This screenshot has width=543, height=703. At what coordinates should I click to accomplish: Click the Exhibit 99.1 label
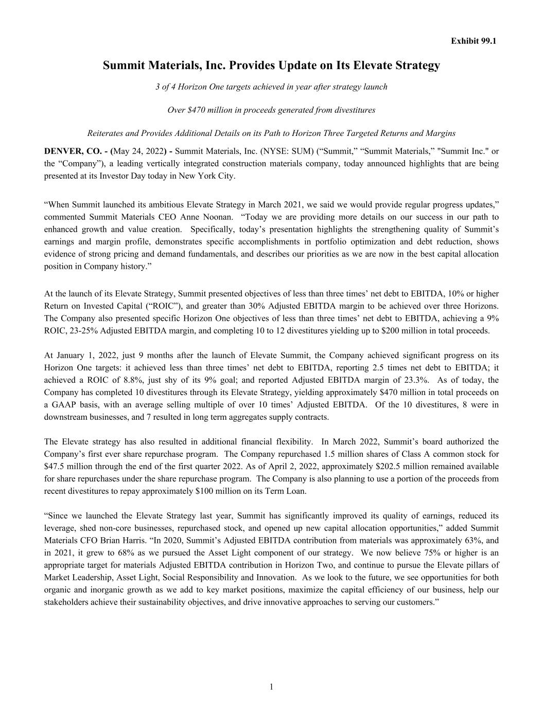coord(474,41)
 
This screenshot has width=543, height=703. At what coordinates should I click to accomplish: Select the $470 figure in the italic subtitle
coord(197,110)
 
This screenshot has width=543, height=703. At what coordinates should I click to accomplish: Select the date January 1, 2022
coord(83,355)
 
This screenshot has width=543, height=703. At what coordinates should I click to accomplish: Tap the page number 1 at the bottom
coord(271,686)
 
